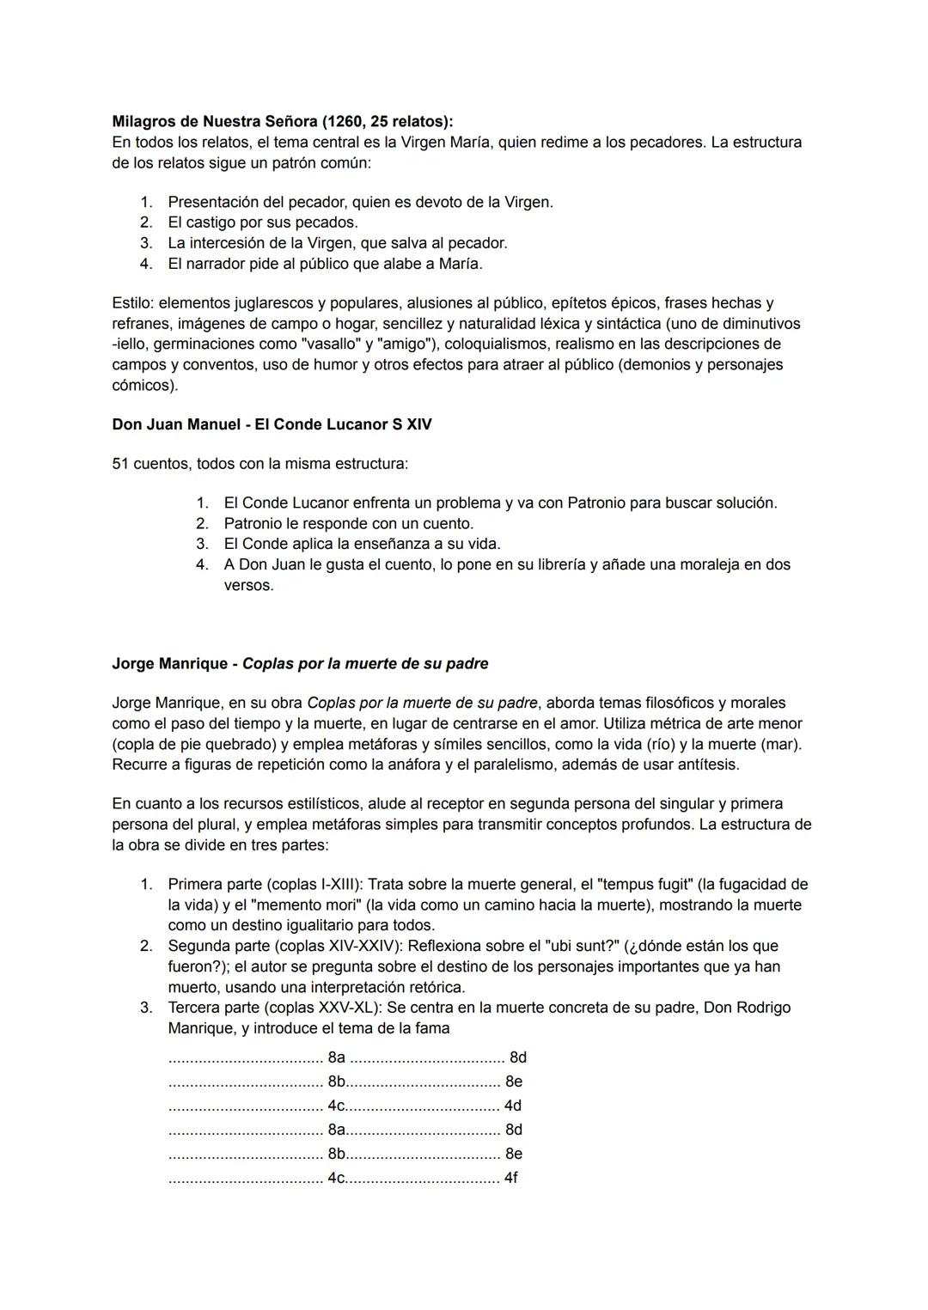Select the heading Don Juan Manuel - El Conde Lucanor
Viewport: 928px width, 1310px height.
272,424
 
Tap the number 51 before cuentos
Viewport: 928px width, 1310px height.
120,464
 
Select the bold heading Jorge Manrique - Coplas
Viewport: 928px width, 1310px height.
300,663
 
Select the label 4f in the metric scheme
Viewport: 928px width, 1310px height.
511,1178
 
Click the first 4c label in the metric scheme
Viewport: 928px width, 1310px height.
335,1106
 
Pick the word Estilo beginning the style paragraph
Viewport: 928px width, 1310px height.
131,303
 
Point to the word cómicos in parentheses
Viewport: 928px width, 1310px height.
143,385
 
